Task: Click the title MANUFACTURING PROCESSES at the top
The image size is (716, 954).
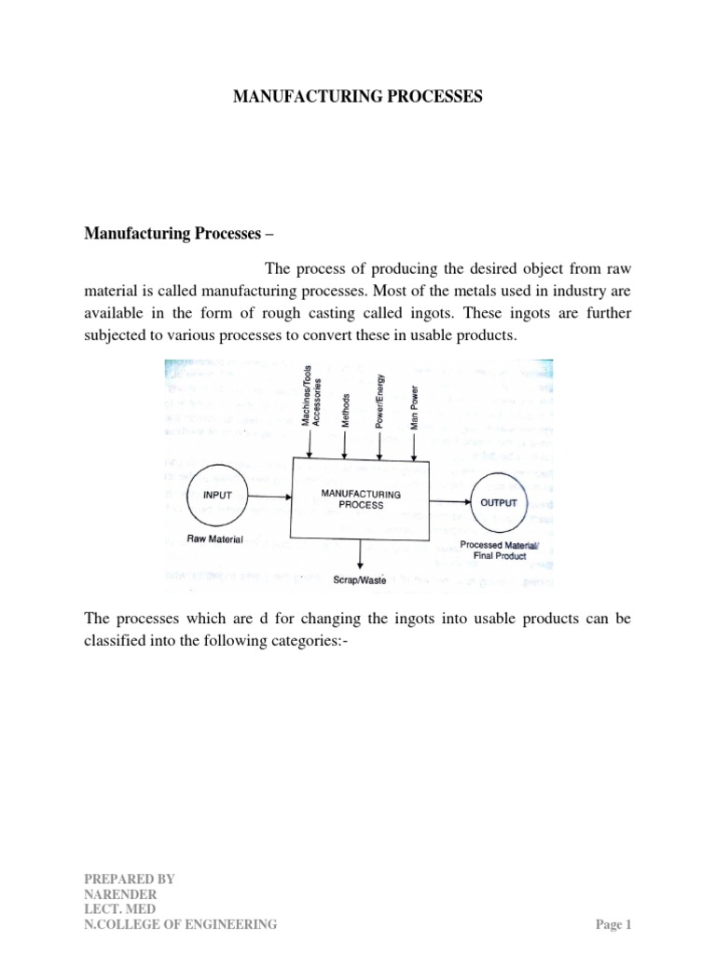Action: (x=358, y=96)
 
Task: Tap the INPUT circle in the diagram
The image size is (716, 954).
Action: (x=217, y=496)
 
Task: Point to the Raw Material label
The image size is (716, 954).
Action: (x=215, y=539)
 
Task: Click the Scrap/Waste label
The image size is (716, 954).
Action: (x=360, y=579)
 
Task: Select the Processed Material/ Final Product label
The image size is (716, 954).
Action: (x=494, y=550)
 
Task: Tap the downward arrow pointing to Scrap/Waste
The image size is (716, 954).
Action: (x=360, y=553)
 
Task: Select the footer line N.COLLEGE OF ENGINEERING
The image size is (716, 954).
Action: (x=181, y=924)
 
